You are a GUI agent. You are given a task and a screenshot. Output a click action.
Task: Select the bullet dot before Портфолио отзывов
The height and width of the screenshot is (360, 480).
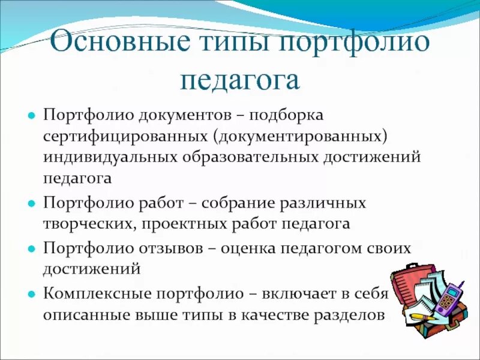tap(30, 248)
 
